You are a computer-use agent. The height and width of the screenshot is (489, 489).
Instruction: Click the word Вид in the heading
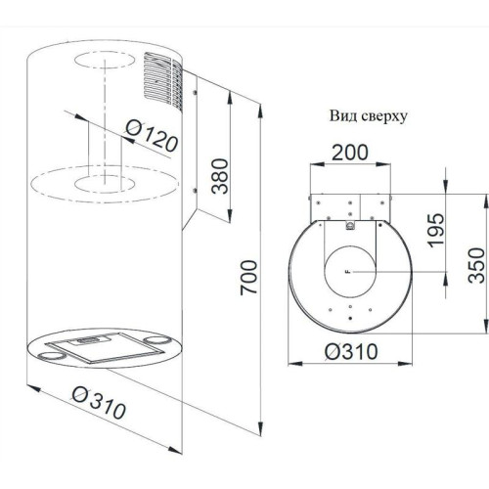tap(340, 115)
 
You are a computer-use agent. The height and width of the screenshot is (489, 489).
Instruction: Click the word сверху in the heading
tap(381, 117)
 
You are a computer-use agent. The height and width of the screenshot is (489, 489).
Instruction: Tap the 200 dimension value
tap(350, 153)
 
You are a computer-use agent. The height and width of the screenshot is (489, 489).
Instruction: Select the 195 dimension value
tap(436, 230)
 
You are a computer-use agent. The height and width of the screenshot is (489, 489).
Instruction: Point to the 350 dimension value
tap(476, 265)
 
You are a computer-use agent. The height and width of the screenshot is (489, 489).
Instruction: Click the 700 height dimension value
tap(248, 278)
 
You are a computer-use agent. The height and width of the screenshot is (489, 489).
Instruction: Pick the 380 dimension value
tap(220, 176)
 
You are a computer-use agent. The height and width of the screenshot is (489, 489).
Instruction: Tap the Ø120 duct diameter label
tap(152, 136)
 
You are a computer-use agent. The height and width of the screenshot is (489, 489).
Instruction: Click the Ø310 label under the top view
tap(352, 352)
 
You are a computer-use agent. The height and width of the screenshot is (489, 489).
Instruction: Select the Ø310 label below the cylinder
tap(99, 403)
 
